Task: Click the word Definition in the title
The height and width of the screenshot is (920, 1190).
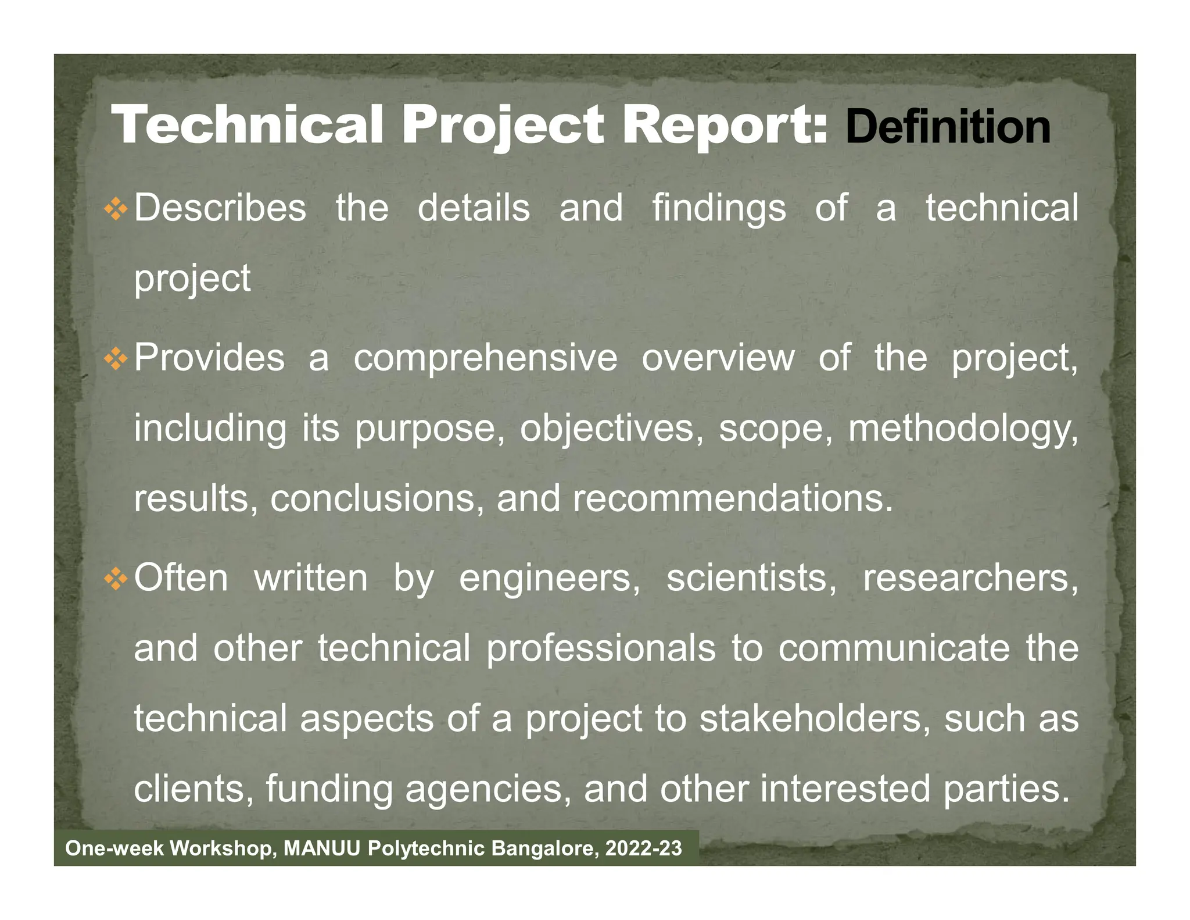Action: [948, 127]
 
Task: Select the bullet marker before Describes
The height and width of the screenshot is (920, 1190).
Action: [116, 209]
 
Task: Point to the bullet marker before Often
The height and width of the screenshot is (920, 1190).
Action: [116, 579]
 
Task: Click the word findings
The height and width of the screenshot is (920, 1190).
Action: [719, 208]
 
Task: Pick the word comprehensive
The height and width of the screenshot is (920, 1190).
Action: [486, 358]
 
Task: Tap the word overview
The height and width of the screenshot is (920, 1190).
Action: [718, 358]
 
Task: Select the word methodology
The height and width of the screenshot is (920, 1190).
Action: [963, 429]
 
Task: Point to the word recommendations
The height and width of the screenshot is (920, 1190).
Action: [733, 498]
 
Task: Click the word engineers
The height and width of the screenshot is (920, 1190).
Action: [550, 579]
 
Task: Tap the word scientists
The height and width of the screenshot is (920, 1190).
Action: [751, 579]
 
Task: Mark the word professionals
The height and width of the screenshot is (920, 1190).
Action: [601, 648]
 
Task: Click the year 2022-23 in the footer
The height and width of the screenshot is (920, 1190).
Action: [643, 848]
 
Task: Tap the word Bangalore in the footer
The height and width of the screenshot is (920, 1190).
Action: [544, 848]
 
